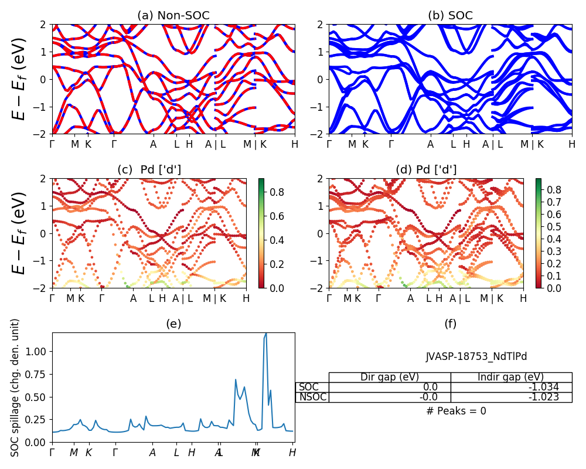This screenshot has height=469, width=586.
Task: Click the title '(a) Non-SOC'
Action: pos(173,16)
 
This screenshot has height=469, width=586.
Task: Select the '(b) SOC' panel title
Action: pos(450,16)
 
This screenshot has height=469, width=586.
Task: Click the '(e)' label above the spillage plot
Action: pos(173,324)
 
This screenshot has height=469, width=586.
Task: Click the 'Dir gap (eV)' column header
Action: pos(390,377)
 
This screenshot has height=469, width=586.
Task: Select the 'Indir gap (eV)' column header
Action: pos(511,377)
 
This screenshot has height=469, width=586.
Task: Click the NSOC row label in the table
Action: pos(312,397)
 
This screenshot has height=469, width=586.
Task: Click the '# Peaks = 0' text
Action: pos(456,411)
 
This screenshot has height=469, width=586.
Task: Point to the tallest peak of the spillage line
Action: pos(266,334)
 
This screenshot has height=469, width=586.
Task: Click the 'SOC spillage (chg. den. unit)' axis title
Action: pos(16,388)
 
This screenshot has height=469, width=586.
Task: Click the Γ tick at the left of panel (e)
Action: pos(52,453)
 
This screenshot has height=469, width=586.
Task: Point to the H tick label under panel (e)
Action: pos(292,453)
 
